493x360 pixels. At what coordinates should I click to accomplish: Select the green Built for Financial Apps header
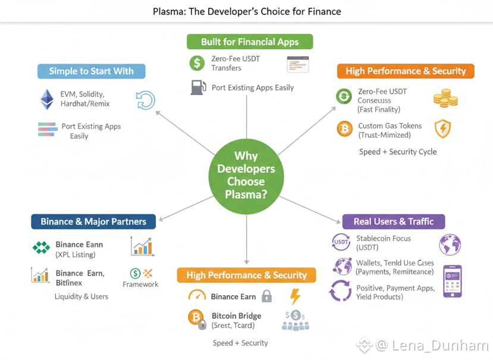coord(250,42)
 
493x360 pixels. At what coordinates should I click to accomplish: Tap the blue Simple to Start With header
coord(91,71)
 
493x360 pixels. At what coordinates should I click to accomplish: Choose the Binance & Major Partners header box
coord(93,221)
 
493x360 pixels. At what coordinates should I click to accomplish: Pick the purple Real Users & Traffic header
coord(394,221)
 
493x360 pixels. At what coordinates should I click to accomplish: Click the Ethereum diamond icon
coord(46,99)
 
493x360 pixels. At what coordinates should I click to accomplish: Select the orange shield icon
coord(442,129)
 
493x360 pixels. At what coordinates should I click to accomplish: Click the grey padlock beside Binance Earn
coord(266,296)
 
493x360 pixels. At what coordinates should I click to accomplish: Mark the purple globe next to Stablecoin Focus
coord(450,245)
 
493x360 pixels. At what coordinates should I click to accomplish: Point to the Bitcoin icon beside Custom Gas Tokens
coord(344,129)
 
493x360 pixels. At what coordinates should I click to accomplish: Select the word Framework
coord(140,284)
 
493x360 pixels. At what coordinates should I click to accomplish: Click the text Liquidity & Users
coord(81,296)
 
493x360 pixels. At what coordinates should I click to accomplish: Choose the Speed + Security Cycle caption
coord(398,152)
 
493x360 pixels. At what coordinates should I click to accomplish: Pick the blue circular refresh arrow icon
coord(145,99)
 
